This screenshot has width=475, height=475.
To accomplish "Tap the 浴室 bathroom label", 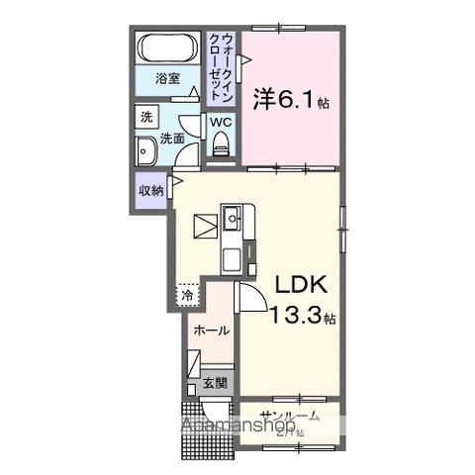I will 165,79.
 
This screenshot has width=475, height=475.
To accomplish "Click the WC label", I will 221,123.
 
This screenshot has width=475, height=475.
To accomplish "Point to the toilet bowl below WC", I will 221,145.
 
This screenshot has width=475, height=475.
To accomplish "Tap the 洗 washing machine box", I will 145,117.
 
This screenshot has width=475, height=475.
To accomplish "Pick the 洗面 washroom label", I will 174,139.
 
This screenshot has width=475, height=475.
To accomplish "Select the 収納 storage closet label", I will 150,191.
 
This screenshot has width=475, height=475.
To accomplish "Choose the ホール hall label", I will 211,331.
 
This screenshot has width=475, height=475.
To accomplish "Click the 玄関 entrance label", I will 216,382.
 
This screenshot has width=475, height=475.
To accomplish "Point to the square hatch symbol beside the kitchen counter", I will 205,227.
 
